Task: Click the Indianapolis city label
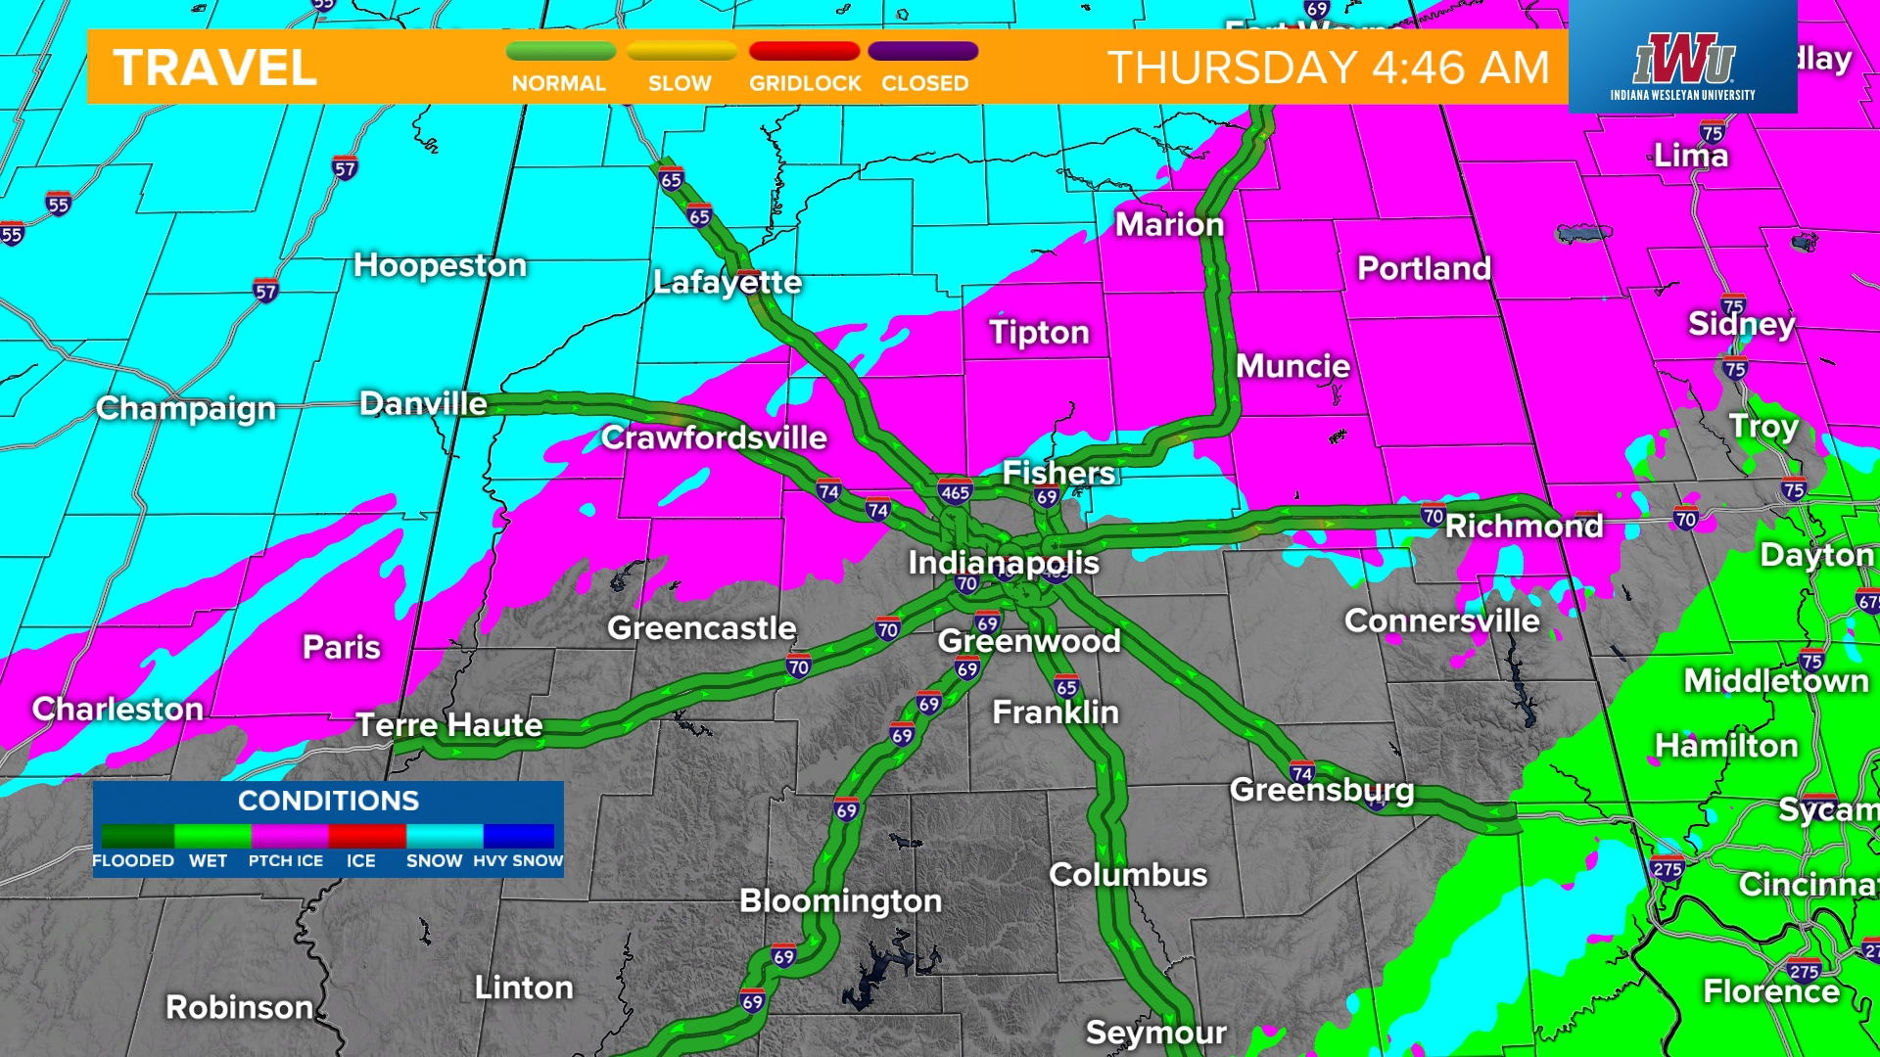1003,563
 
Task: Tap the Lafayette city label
727,283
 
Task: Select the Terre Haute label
448,725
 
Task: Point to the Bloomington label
840,900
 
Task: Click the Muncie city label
1292,366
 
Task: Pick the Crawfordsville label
714,437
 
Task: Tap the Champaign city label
186,408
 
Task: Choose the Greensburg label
1322,789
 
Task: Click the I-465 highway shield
955,492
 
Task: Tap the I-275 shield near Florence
1804,971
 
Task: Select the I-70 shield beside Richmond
1433,515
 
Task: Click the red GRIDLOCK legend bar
804,51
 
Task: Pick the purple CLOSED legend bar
922,51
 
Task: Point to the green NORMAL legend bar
560,51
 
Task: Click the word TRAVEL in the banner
215,68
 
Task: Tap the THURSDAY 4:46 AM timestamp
1328,68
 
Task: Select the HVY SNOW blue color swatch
519,835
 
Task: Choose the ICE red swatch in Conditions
366,835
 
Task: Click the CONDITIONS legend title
328,801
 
